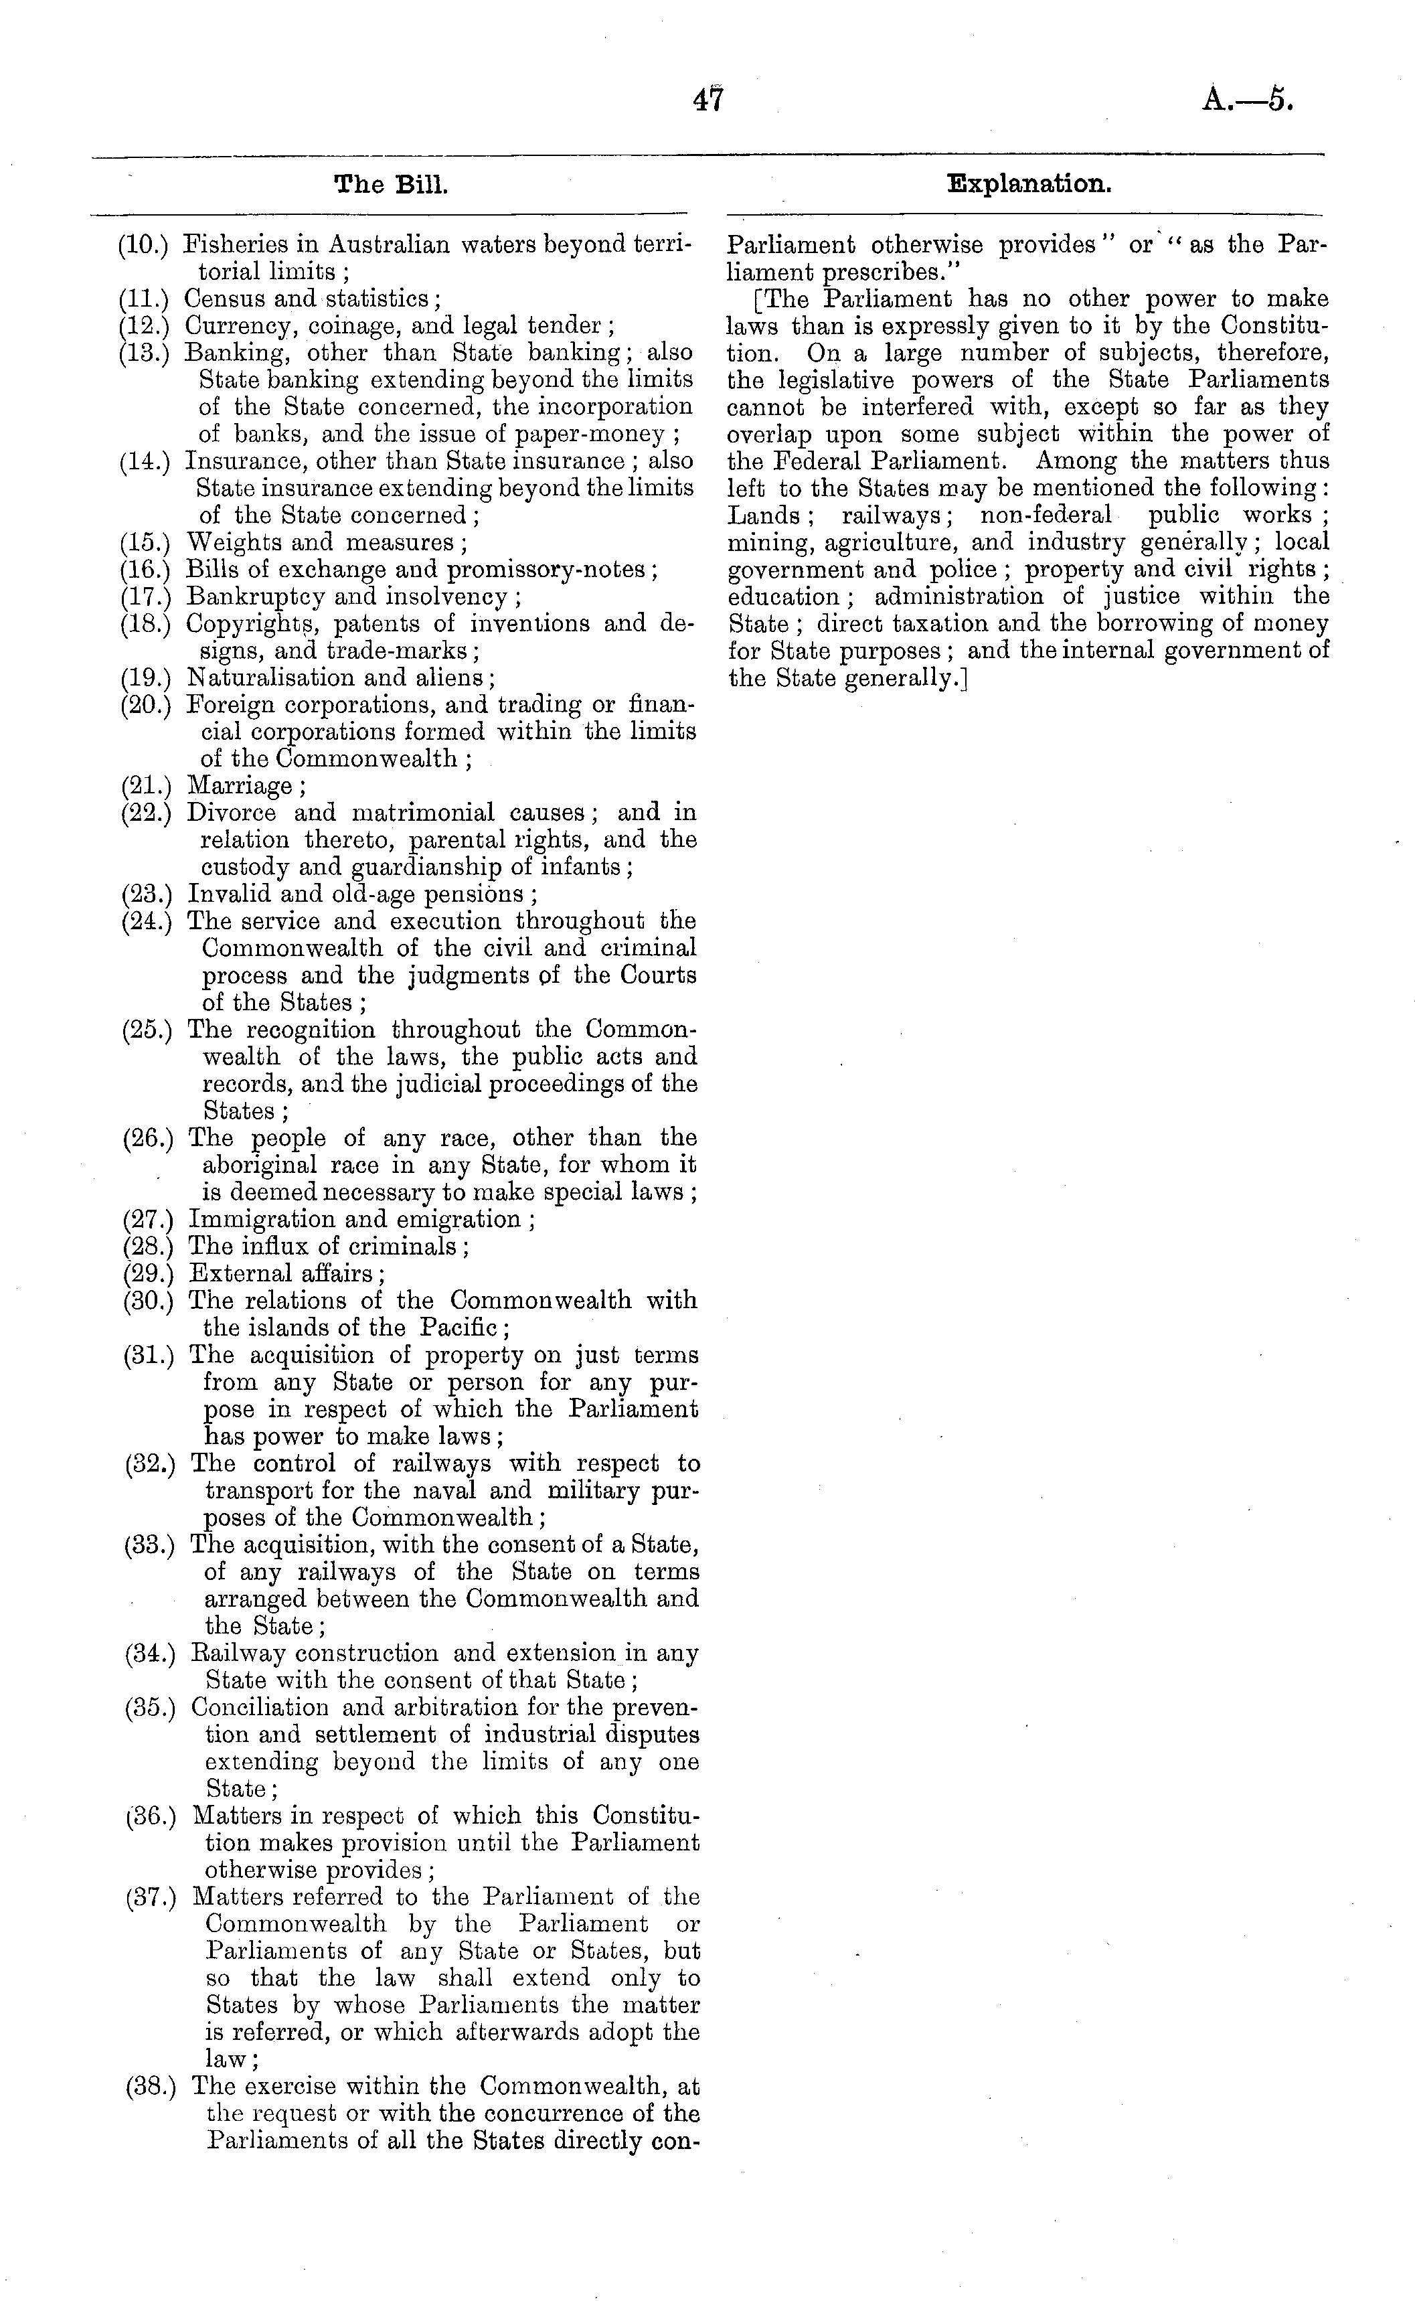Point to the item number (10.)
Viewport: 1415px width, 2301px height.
(143, 245)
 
